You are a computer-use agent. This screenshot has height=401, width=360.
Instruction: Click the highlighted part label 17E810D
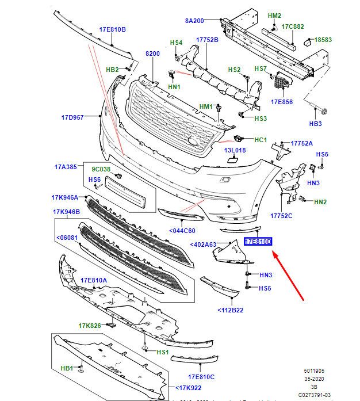[258, 242]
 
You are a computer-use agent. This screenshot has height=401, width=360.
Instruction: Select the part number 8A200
[194, 21]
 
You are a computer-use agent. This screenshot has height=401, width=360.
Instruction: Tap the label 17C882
[293, 26]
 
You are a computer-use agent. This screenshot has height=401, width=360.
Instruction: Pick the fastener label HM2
[274, 16]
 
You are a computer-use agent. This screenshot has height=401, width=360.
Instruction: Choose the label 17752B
[208, 40]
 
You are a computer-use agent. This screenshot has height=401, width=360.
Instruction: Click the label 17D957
[73, 117]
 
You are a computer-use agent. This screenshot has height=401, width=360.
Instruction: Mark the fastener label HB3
[316, 124]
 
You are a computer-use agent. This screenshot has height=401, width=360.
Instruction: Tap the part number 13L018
[235, 150]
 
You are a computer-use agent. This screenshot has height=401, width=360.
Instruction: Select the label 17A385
[66, 167]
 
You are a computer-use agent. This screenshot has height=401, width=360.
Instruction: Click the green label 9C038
[101, 169]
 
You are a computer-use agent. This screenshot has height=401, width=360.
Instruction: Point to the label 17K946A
[65, 197]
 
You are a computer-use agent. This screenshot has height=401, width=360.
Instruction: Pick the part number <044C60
[182, 231]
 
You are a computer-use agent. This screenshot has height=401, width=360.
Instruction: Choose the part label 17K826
[90, 326]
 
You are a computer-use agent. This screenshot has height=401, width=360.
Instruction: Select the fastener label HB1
[67, 368]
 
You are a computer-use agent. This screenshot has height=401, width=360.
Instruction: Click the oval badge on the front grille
[193, 142]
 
